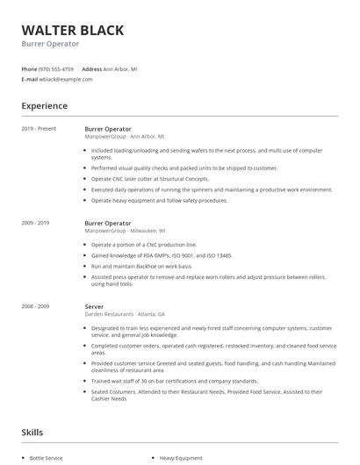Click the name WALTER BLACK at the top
click(x=72, y=31)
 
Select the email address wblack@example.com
click(x=65, y=79)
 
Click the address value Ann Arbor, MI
click(x=120, y=68)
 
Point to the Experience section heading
click(x=44, y=106)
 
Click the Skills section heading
click(x=32, y=433)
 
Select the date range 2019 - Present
click(x=39, y=128)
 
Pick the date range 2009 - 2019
click(x=37, y=223)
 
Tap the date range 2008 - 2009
click(x=37, y=305)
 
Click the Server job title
click(x=95, y=305)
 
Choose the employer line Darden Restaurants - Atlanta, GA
click(x=125, y=313)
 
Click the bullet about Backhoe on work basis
click(x=140, y=266)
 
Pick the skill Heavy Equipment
click(x=181, y=458)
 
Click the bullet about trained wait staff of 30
click(x=174, y=381)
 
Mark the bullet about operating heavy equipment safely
click(x=159, y=199)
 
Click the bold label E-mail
click(x=29, y=79)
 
